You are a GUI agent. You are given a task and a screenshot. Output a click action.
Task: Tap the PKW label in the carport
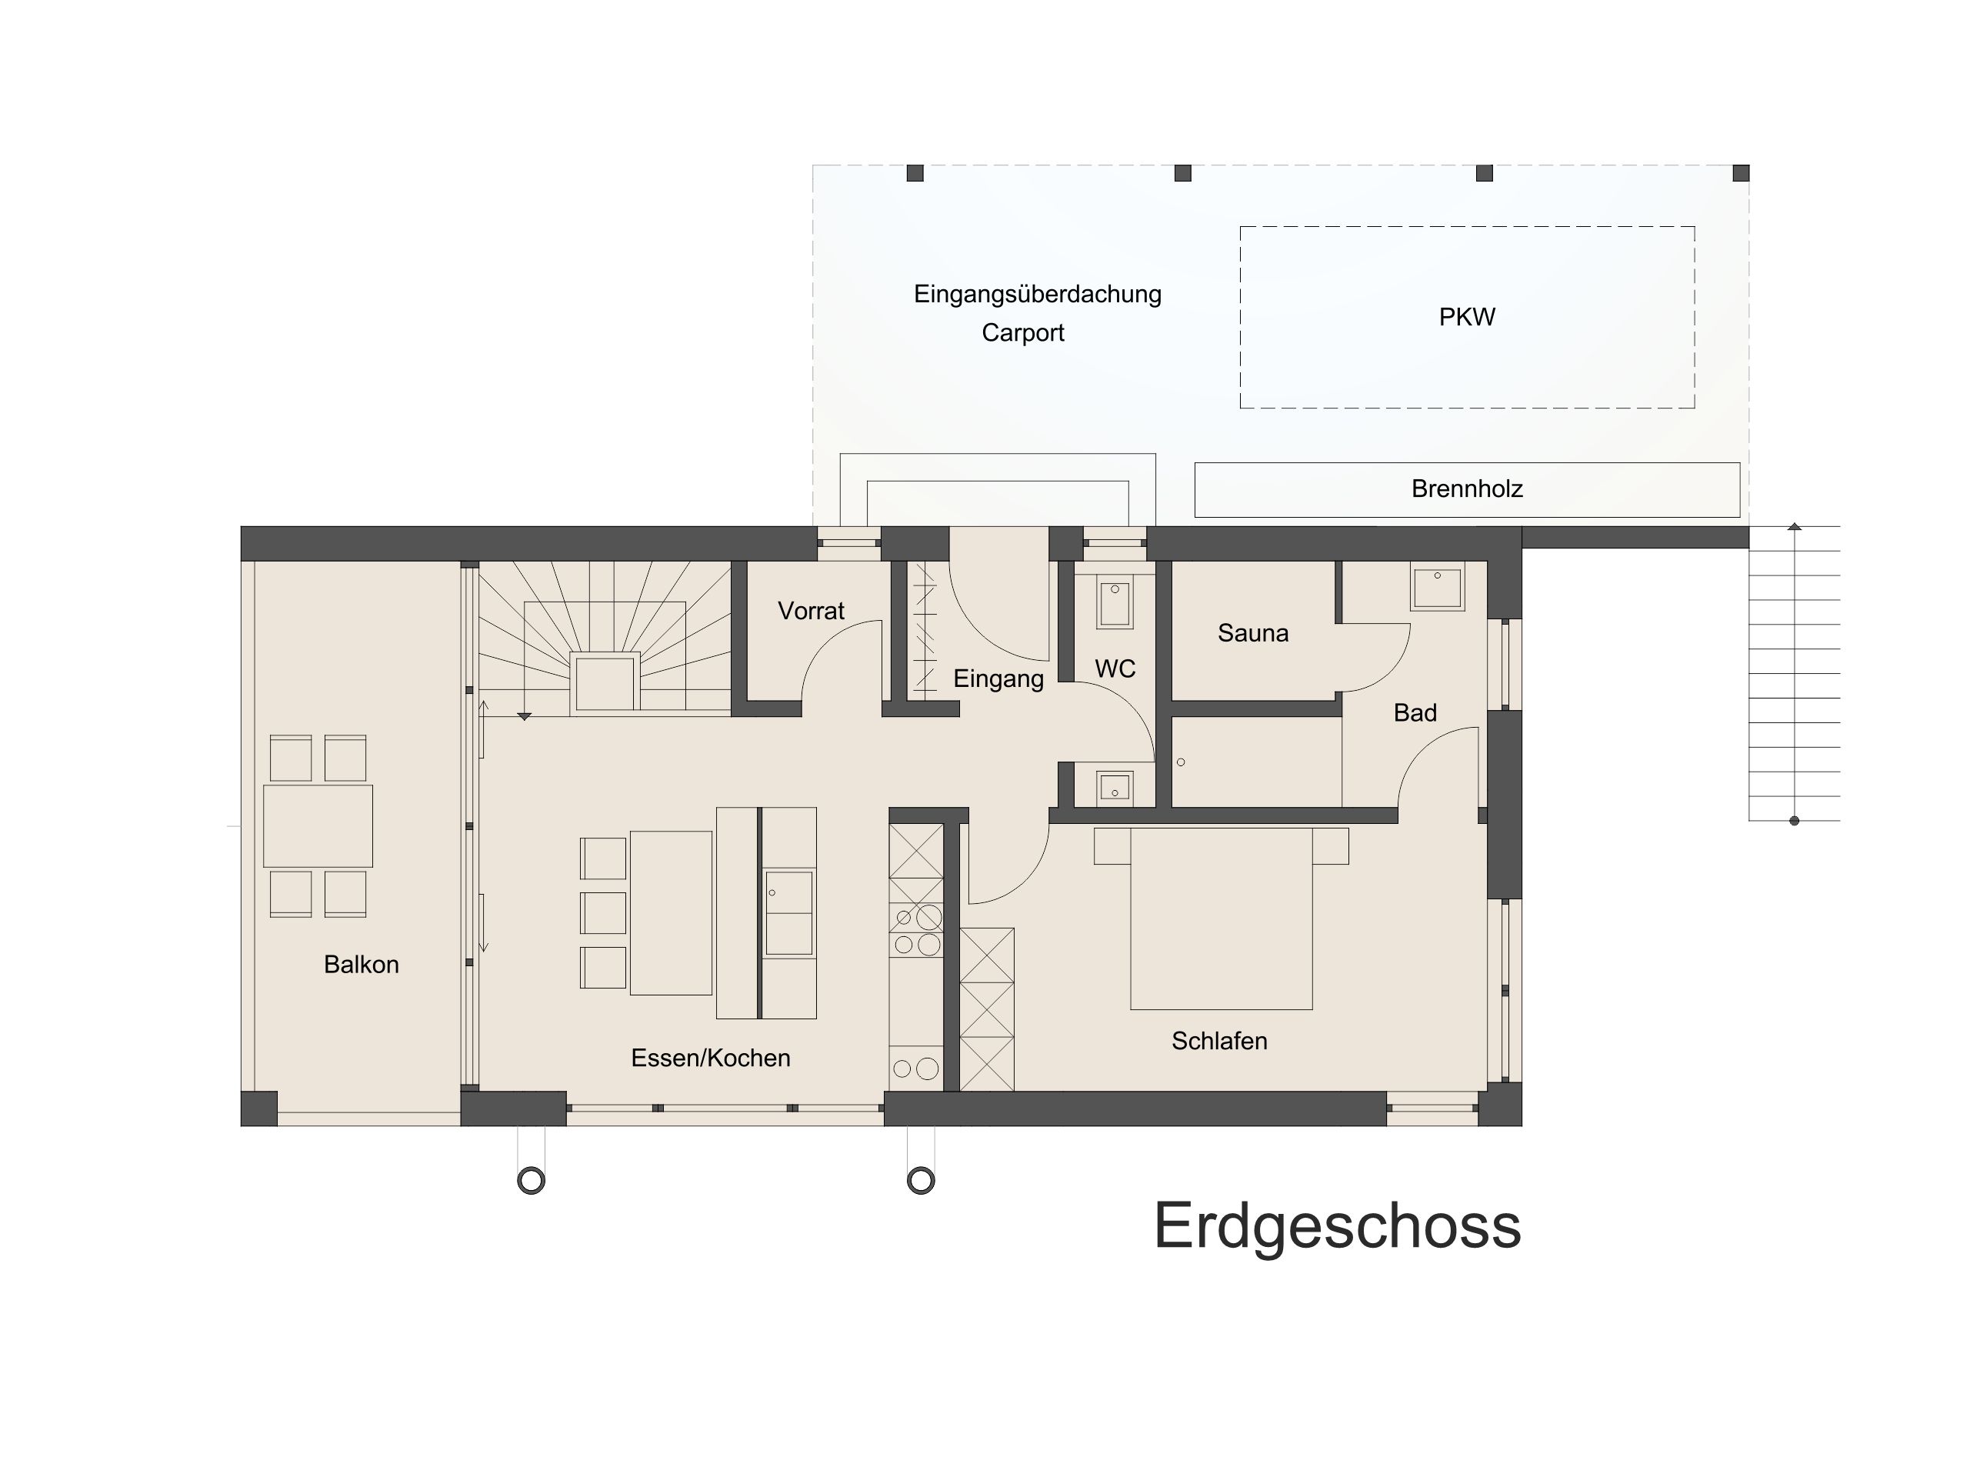(1466, 317)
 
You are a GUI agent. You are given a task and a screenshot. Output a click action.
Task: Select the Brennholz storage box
(1466, 489)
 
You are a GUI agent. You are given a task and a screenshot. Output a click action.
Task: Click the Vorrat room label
(811, 611)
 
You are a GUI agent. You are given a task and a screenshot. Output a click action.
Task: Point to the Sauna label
(1252, 633)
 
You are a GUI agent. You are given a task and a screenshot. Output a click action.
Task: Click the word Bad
(1415, 712)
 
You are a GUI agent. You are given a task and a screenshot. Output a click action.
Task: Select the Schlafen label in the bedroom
(1218, 1041)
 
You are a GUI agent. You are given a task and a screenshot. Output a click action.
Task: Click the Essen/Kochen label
(710, 1058)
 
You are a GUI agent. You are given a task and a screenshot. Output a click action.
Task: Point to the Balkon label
(361, 964)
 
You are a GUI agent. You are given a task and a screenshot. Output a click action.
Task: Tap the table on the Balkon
(317, 825)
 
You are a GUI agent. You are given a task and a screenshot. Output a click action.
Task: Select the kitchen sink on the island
(788, 912)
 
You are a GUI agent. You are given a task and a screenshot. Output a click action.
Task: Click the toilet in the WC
(1114, 603)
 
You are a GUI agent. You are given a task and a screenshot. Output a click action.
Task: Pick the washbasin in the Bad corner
(1436, 587)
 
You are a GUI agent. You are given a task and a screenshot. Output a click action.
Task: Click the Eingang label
(998, 678)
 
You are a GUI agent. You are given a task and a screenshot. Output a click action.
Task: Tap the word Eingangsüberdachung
(1037, 294)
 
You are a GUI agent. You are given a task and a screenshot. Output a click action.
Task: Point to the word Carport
(1022, 333)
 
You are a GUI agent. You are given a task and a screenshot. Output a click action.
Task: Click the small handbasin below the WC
(1114, 788)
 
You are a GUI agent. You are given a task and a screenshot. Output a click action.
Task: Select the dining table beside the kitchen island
(671, 912)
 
